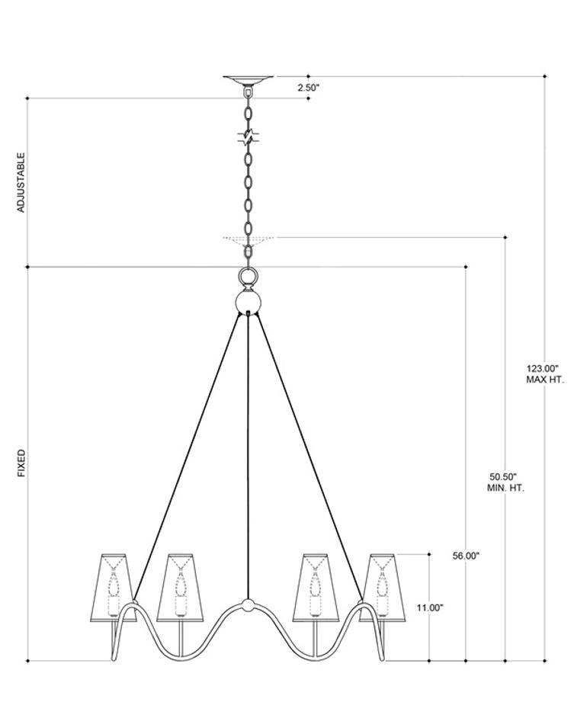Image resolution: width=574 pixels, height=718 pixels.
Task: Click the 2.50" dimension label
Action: point(308,88)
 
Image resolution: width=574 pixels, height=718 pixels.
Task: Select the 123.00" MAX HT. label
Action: point(544,373)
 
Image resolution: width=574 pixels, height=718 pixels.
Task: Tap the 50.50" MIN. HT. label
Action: point(505,481)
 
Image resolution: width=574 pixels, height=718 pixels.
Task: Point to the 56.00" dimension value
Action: point(466,556)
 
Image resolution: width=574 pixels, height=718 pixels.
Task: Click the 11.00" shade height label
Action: point(430,607)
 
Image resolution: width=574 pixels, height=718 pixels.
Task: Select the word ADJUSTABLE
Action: point(21,182)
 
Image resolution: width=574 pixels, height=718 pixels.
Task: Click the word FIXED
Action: point(21,463)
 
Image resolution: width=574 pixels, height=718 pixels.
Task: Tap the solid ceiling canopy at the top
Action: point(248,79)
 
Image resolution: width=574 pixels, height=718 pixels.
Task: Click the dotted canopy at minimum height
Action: point(248,239)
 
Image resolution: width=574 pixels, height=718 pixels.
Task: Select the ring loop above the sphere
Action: point(249,275)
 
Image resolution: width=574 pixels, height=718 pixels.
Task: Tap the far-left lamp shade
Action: point(115,585)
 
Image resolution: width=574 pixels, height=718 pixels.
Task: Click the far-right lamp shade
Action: point(380,585)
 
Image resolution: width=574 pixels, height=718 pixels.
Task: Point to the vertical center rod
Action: point(248,457)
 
